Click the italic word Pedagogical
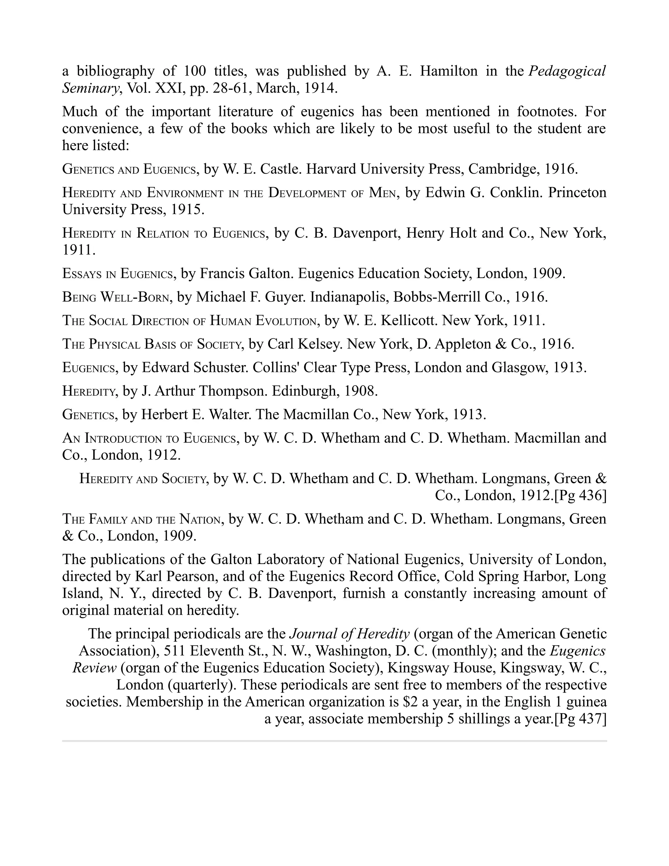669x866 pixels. coord(567,71)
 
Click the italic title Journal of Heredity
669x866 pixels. coord(349,634)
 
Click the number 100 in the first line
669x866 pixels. coord(195,71)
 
